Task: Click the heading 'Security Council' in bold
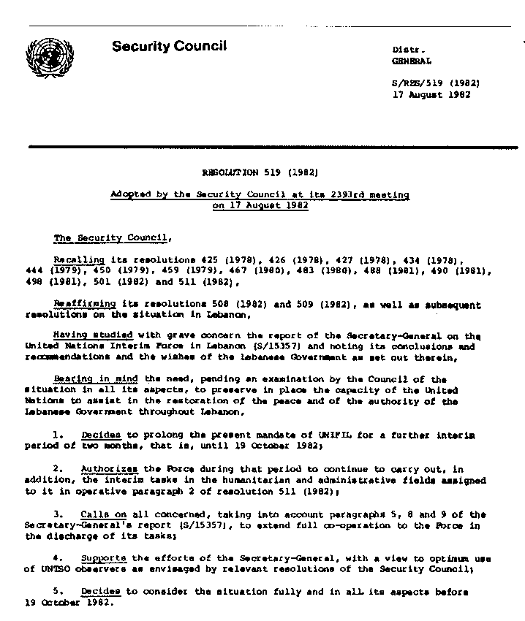click(169, 47)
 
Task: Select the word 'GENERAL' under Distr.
click(412, 61)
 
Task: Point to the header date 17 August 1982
click(431, 95)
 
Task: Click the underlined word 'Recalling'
click(79, 260)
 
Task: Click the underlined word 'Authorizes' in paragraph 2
click(105, 469)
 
